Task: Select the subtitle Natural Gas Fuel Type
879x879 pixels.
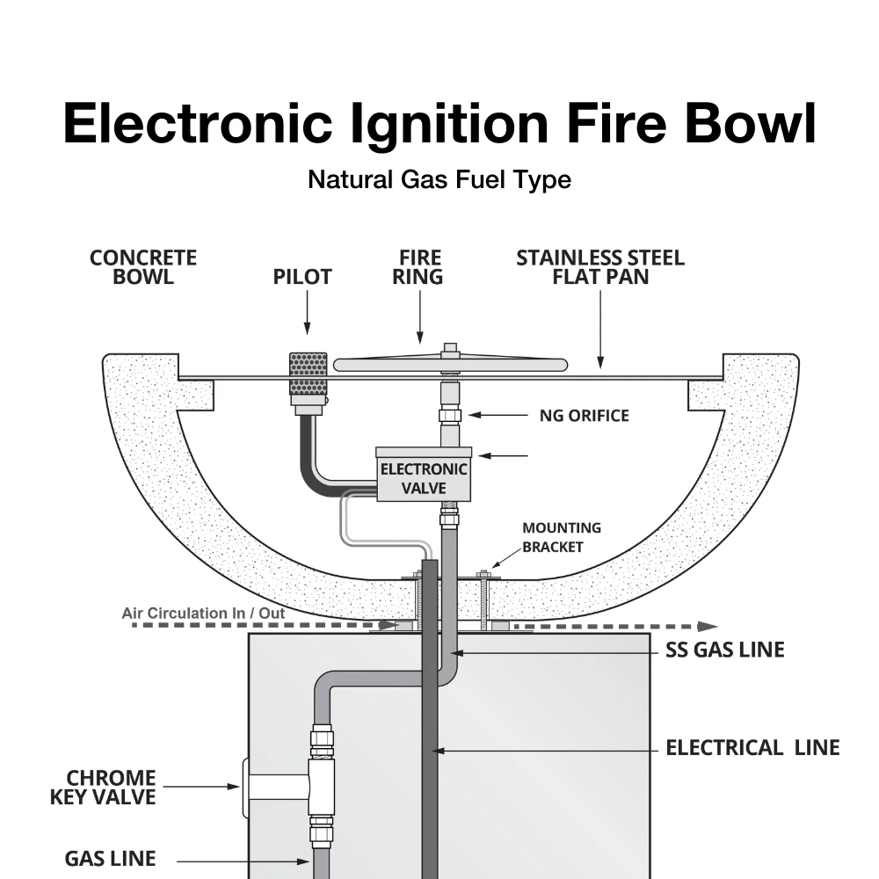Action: click(439, 180)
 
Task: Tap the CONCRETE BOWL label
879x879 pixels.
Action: click(143, 267)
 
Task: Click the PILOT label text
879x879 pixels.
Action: click(301, 277)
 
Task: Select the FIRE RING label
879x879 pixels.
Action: click(420, 267)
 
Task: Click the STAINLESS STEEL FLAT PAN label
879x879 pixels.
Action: click(599, 267)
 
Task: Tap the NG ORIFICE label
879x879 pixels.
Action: click(584, 415)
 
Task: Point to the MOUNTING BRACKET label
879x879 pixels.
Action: click(562, 537)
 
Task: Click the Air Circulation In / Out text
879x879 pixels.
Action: click(203, 613)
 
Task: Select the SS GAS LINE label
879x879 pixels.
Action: click(724, 650)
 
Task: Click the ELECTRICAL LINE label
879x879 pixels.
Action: click(752, 748)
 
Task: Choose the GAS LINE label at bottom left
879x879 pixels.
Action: click(110, 858)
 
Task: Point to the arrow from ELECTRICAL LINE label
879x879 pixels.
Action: click(545, 750)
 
